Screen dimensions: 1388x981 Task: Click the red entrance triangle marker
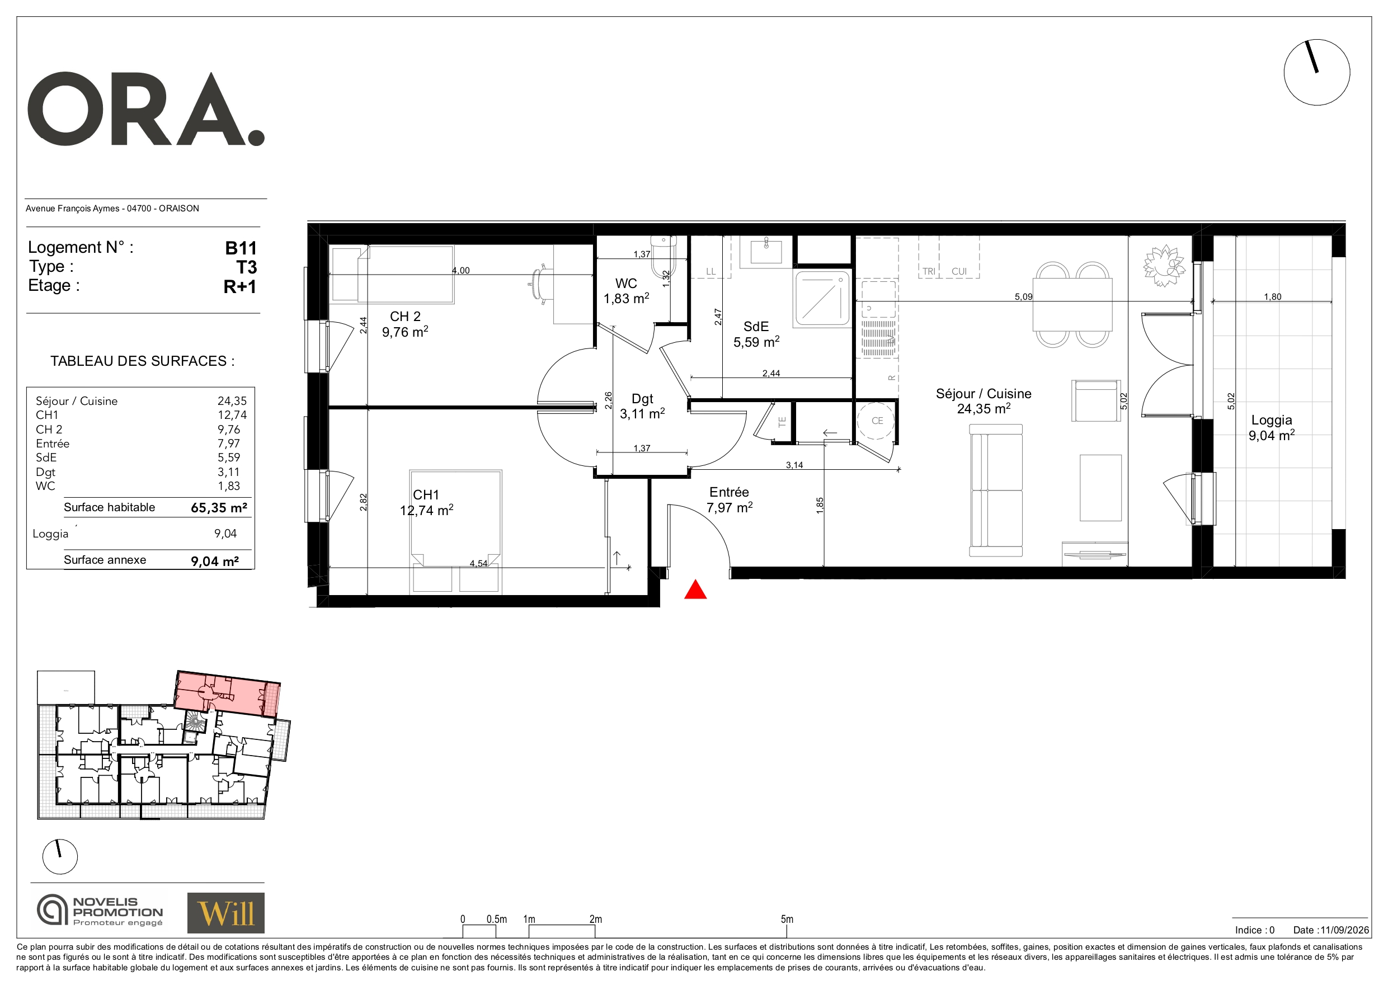tap(695, 589)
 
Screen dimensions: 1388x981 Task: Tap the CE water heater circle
tap(877, 421)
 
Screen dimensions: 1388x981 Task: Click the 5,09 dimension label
tap(1023, 297)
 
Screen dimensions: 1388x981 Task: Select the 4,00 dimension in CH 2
tap(460, 270)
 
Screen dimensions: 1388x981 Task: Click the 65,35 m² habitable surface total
tap(219, 508)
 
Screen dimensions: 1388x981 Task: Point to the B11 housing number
tap(241, 248)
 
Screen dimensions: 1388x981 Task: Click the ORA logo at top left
tap(145, 110)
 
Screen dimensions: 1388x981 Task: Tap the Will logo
tap(225, 913)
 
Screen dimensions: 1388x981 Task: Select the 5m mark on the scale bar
tap(787, 919)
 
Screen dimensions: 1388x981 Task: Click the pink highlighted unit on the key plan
tap(228, 694)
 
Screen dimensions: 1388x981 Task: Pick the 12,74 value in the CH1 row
tap(232, 414)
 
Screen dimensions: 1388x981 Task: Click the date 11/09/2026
tap(1344, 930)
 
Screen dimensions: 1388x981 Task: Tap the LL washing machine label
tap(711, 271)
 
